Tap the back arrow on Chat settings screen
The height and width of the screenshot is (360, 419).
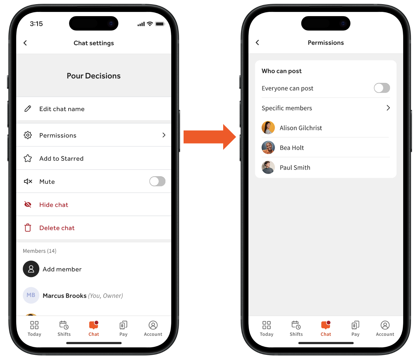[25, 43]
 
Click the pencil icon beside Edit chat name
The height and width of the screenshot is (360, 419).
[28, 109]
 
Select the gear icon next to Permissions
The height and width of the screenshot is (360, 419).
[28, 135]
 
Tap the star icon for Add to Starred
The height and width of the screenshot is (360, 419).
[28, 158]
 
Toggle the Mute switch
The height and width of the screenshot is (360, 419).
[157, 181]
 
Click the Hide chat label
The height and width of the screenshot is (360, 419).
[54, 205]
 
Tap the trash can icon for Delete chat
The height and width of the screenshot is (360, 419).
[28, 228]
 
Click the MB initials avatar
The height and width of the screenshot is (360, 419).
[31, 295]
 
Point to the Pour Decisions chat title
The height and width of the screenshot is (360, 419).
[94, 76]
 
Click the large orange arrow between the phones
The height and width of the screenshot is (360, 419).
[209, 137]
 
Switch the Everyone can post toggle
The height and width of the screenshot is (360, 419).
[382, 88]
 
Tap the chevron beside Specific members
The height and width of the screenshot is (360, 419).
[388, 108]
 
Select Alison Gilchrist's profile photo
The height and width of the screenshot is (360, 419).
[268, 128]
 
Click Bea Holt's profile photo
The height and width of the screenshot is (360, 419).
[268, 147]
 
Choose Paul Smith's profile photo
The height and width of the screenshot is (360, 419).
[268, 167]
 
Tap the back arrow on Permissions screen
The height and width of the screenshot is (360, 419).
[257, 42]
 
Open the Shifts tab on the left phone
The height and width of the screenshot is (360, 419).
[64, 328]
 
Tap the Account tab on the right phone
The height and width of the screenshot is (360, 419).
[385, 328]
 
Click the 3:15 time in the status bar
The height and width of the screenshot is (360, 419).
[36, 24]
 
